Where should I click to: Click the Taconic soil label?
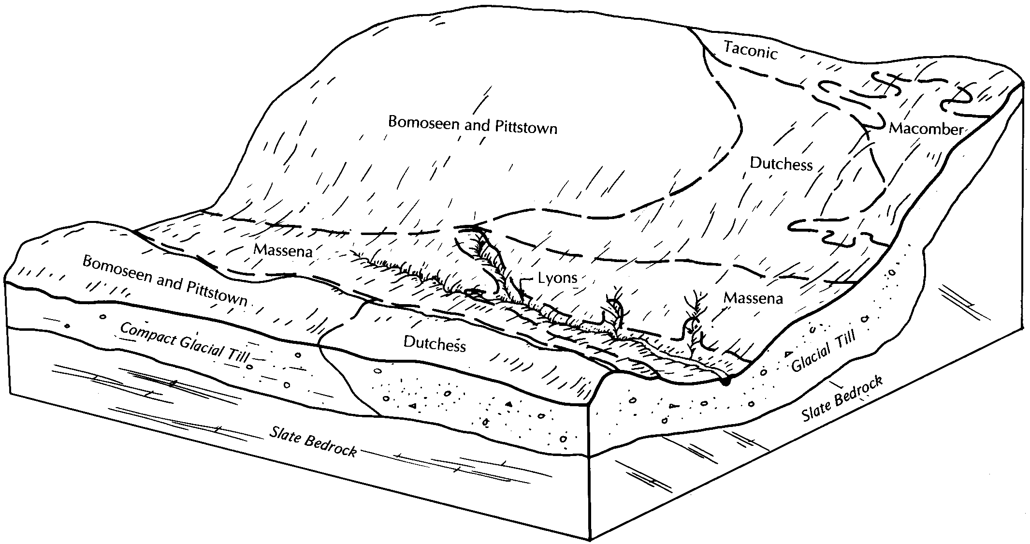click(x=750, y=50)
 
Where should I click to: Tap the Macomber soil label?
click(x=926, y=129)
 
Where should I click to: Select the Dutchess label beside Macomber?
click(x=781, y=164)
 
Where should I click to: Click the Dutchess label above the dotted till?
click(x=435, y=344)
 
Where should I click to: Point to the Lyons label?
click(x=557, y=278)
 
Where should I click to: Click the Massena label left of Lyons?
click(x=283, y=250)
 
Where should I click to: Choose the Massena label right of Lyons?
click(x=753, y=298)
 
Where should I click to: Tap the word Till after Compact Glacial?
click(x=237, y=357)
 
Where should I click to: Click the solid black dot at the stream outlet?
click(x=725, y=382)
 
